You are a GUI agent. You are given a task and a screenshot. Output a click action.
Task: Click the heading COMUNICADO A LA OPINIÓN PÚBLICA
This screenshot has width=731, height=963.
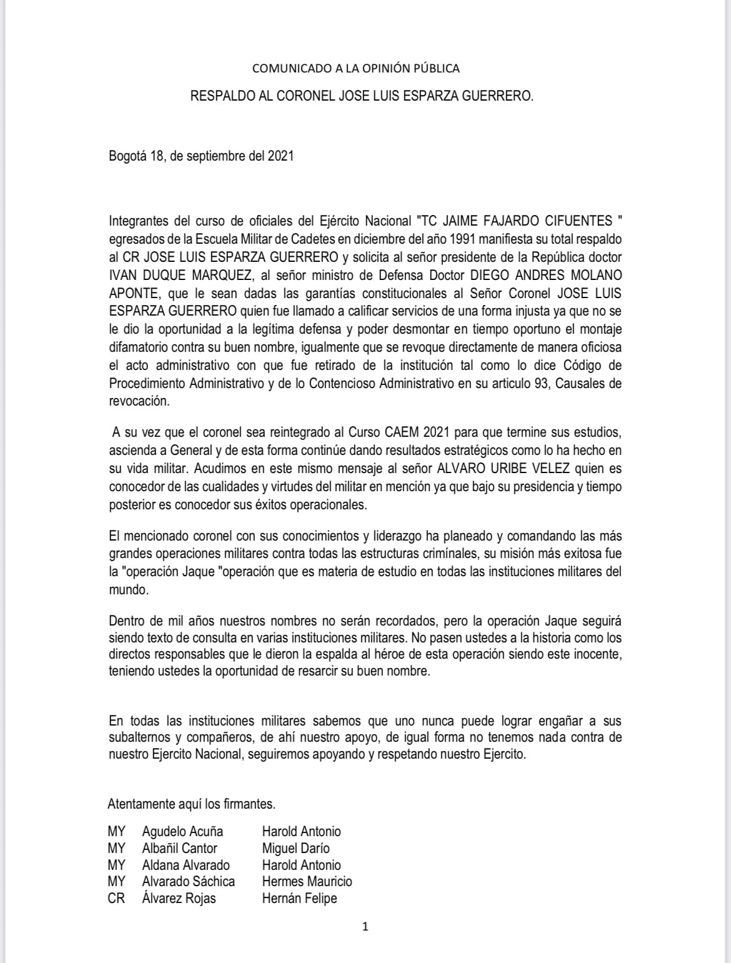tap(356, 68)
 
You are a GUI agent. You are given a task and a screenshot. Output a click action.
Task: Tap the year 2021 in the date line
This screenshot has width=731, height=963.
tap(281, 156)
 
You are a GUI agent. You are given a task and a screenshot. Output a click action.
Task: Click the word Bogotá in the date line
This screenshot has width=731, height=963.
tap(127, 156)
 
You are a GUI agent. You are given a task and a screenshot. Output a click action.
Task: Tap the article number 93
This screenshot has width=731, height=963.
tap(541, 383)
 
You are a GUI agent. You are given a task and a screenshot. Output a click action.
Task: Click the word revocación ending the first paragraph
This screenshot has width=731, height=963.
tap(138, 401)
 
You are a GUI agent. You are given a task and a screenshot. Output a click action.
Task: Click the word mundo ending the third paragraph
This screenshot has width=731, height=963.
tap(127, 589)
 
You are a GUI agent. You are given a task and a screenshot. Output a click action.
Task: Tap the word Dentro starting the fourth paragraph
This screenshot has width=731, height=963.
tap(127, 621)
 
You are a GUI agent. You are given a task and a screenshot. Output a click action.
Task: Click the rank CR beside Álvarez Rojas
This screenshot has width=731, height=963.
tap(116, 899)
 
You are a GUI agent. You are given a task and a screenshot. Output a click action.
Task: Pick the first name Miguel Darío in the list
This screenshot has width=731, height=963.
tap(296, 848)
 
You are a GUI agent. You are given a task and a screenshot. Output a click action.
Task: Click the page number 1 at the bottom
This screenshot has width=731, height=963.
tap(365, 927)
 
